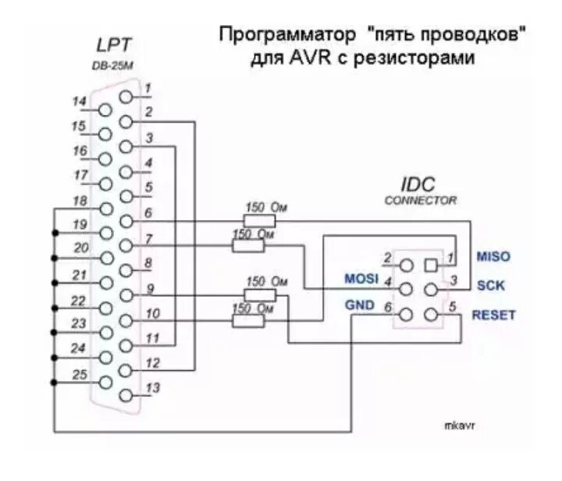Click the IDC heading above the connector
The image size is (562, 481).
[x=419, y=184]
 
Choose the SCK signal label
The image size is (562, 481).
[x=489, y=286]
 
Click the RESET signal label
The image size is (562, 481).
[x=492, y=315]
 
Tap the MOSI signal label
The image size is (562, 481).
[x=361, y=279]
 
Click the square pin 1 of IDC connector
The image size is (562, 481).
[x=429, y=263]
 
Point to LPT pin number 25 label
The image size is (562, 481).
[x=79, y=376]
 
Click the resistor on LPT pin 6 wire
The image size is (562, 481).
[x=260, y=220]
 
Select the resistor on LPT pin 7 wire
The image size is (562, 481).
[x=248, y=245]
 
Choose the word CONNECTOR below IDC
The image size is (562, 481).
[x=420, y=201]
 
